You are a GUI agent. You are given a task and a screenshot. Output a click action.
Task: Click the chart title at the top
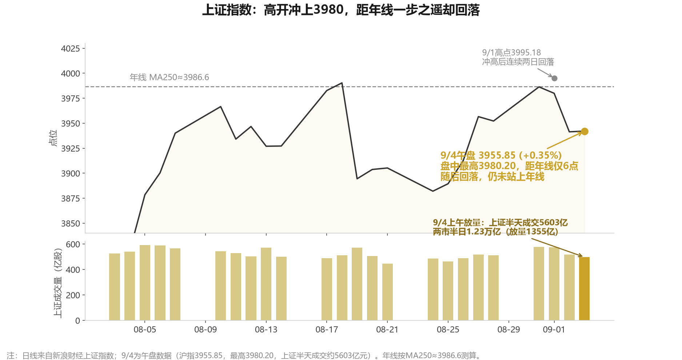341,10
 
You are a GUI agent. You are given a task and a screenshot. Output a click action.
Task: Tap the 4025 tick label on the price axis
71,48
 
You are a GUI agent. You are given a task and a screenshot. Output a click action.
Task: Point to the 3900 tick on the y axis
71,173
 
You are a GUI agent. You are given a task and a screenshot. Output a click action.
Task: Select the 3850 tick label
71,224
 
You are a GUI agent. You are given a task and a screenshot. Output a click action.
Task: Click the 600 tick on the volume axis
73,244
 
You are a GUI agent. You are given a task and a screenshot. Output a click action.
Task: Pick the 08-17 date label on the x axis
327,330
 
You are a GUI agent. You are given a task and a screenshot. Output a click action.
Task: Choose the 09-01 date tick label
554,330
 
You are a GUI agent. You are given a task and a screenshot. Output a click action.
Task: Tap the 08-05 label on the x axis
145,330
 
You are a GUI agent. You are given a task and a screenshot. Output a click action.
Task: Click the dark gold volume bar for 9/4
584,289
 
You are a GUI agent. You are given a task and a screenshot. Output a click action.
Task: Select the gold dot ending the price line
585,131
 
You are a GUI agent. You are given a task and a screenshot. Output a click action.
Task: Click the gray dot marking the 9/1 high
554,78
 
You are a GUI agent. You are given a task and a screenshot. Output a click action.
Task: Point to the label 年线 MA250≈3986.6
169,77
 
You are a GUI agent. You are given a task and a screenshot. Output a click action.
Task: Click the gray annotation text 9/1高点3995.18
511,53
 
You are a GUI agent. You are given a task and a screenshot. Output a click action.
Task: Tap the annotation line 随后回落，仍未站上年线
492,177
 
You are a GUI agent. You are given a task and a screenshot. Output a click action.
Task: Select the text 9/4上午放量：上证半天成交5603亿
500,223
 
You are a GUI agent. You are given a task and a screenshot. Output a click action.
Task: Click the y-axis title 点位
53,138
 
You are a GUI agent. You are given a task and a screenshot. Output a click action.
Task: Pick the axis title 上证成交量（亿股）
58,283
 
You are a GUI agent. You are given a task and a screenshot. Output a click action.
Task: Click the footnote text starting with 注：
243,355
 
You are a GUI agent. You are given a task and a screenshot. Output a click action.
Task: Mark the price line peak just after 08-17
342,83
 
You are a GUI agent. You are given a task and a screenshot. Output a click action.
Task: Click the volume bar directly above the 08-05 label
145,283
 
